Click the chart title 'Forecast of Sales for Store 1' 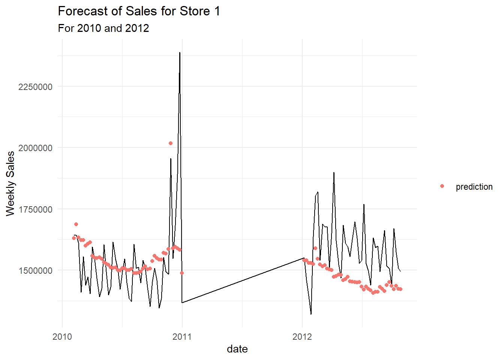click(139, 11)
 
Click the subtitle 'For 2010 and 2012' click(103, 28)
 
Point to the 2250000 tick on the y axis click(35, 87)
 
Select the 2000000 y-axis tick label click(35, 148)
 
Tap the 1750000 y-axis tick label click(35, 209)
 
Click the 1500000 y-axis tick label click(35, 270)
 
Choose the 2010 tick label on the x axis click(62, 336)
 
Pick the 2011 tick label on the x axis click(182, 336)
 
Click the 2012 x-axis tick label click(302, 336)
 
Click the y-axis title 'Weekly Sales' click(10, 183)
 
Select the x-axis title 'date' click(237, 349)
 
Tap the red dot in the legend click(442, 186)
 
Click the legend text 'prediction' click(474, 187)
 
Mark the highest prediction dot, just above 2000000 click(171, 143)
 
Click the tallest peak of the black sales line click(180, 53)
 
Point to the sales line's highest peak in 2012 click(334, 173)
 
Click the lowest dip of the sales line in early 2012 click(311, 314)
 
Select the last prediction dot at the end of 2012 click(400, 289)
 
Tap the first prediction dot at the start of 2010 click(74, 238)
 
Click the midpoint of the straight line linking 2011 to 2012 click(243, 280)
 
